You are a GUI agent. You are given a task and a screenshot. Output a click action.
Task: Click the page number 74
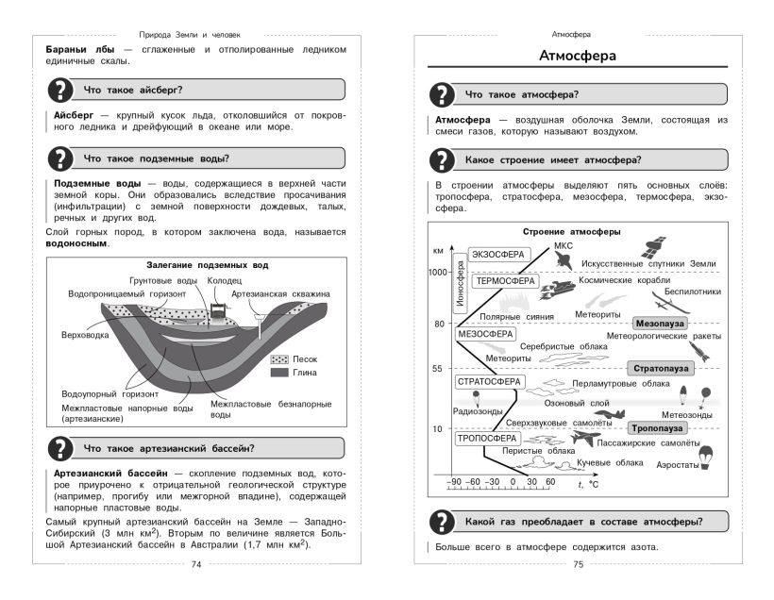(x=196, y=565)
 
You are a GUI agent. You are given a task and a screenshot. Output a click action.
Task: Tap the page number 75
(x=579, y=565)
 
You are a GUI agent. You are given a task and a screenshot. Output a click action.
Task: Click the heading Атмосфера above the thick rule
(x=578, y=57)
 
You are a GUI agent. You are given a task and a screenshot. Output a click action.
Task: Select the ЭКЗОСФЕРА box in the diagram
(x=496, y=254)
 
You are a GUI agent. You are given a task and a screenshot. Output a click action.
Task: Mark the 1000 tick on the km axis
(x=435, y=273)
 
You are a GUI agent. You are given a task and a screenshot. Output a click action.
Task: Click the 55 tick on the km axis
(x=438, y=368)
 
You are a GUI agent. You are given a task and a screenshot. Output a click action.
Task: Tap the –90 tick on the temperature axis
(x=455, y=482)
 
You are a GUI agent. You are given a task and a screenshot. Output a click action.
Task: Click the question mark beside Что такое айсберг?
(x=59, y=91)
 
